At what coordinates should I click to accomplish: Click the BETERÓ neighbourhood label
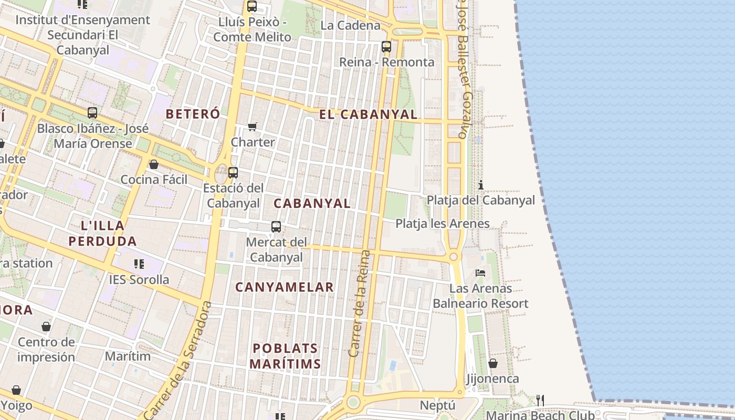click(x=186, y=113)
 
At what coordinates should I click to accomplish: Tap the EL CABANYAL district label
click(x=368, y=114)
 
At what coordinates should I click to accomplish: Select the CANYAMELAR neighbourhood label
click(x=285, y=287)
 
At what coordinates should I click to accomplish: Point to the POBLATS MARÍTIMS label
click(x=285, y=356)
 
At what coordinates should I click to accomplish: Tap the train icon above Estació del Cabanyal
click(x=233, y=172)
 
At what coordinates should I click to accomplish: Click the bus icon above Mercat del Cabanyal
click(x=276, y=227)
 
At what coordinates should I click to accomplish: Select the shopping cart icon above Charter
click(x=253, y=127)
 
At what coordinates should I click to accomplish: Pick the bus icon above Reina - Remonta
click(x=386, y=47)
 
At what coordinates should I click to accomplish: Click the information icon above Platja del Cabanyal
click(x=480, y=185)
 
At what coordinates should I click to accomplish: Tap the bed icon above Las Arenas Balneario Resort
click(x=480, y=272)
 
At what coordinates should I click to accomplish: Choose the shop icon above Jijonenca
click(x=492, y=363)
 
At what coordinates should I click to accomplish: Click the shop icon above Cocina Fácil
click(x=154, y=164)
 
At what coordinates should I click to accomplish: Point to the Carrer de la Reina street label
click(x=360, y=304)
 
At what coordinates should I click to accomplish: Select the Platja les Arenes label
click(x=443, y=224)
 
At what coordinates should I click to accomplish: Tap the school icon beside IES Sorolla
click(x=139, y=264)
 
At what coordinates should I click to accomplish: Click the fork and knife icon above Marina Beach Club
click(x=540, y=401)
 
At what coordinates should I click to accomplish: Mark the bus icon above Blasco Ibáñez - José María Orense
click(x=92, y=112)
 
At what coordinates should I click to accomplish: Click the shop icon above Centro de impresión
click(x=46, y=327)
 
